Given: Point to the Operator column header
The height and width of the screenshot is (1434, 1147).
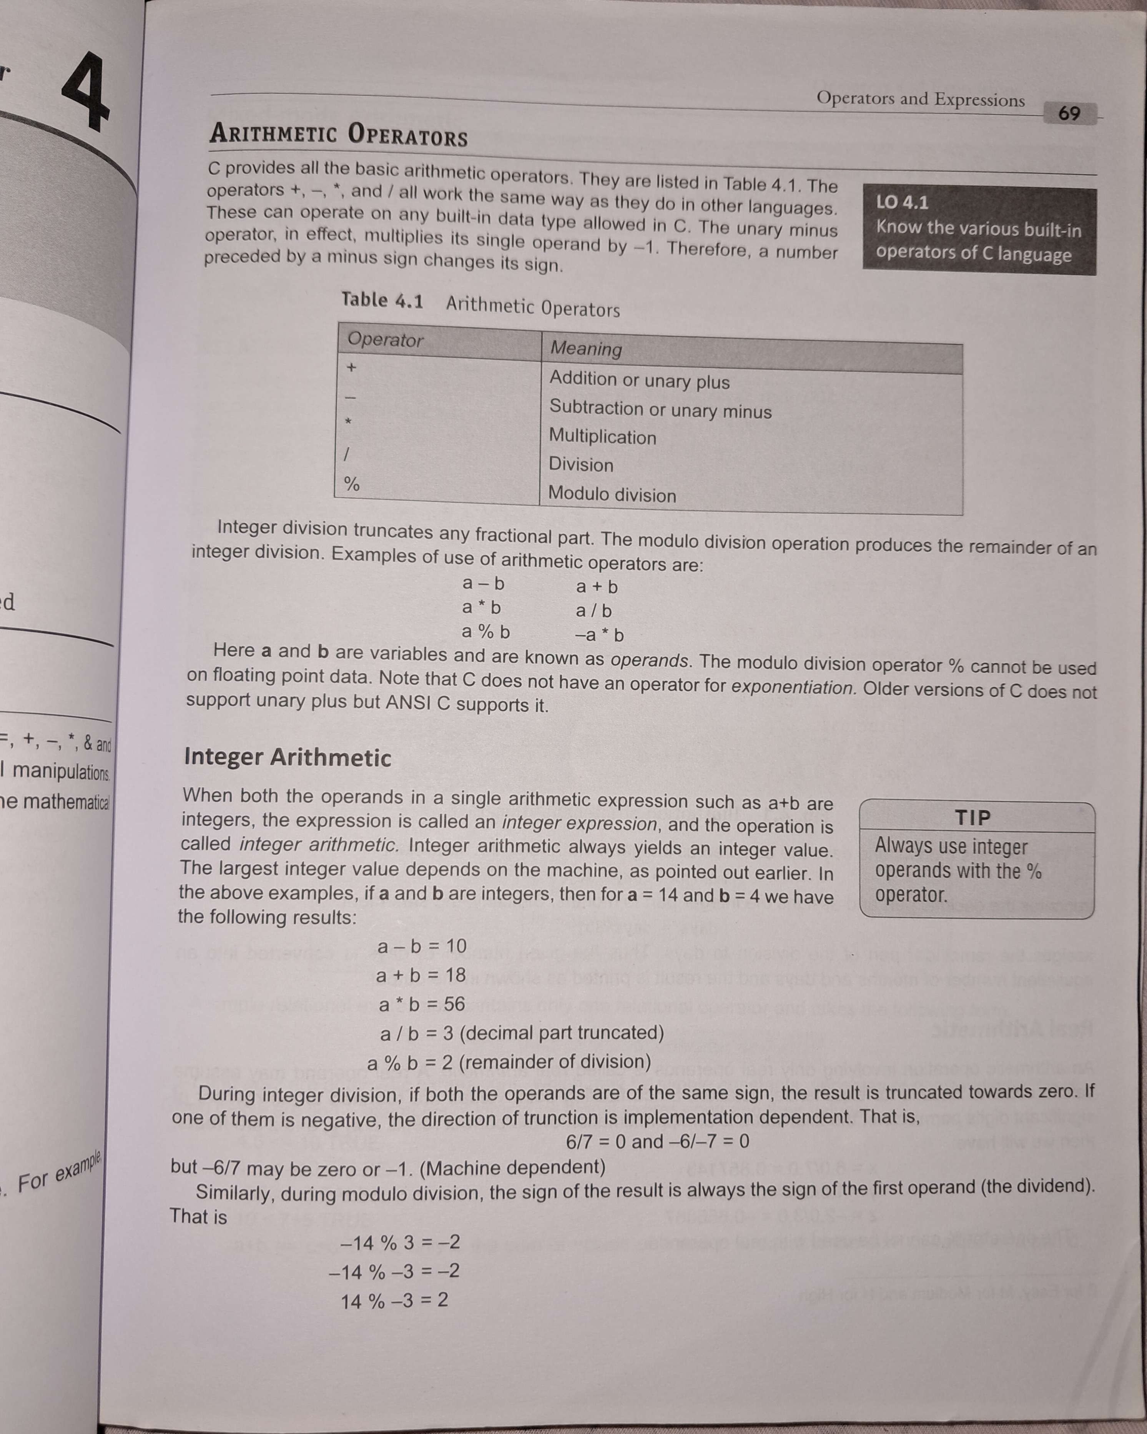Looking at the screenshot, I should (x=385, y=340).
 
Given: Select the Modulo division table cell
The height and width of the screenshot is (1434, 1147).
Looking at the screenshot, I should (x=612, y=494).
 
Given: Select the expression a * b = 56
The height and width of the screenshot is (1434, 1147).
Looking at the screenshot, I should (x=422, y=1004).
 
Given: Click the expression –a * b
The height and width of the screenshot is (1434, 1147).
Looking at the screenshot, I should (x=599, y=634).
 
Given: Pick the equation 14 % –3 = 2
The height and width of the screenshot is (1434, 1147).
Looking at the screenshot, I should (x=394, y=1300).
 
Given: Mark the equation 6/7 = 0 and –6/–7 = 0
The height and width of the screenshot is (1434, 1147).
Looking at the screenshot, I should (x=657, y=1141).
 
